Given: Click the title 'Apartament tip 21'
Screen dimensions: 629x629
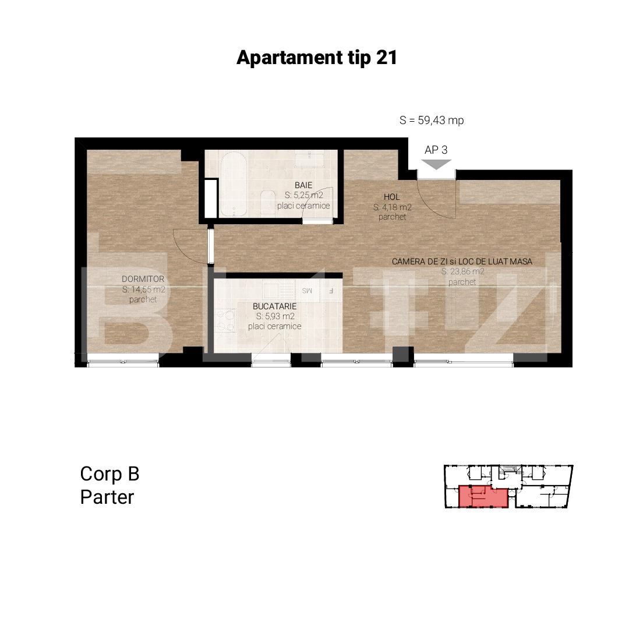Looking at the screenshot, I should tap(316, 58).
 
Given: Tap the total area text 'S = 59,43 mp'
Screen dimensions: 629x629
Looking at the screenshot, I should tap(432, 121).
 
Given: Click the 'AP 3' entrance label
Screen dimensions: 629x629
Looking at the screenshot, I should tap(436, 150).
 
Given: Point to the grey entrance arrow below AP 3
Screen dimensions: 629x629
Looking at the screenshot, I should tap(436, 165).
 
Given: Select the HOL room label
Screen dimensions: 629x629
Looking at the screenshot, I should tap(391, 197).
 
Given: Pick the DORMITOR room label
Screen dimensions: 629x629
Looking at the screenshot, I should tap(143, 279).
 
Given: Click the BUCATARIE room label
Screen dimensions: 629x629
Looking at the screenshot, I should tap(274, 306).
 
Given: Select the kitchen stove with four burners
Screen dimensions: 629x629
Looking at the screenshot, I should tap(225, 320).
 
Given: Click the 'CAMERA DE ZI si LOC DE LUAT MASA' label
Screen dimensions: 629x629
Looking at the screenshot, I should tap(462, 262).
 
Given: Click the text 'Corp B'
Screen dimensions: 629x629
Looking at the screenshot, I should tap(109, 474).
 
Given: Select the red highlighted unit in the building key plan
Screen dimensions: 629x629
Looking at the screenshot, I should tap(483, 496).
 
